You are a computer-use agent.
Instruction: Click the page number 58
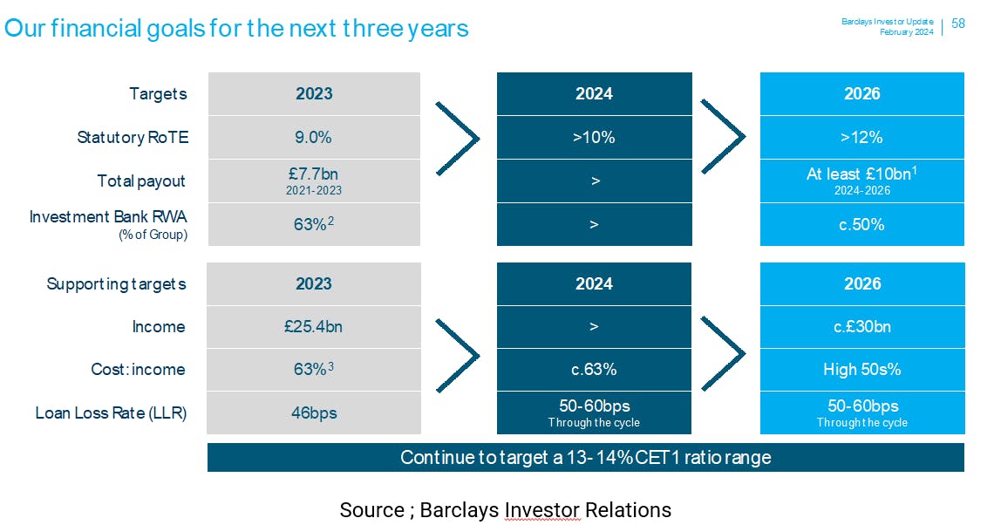958,24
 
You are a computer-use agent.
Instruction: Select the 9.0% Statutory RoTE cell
314,137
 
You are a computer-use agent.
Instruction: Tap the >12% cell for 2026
862,137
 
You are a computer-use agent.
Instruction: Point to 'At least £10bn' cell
862,181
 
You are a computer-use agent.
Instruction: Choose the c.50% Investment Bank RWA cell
862,224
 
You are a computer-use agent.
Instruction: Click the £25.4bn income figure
314,326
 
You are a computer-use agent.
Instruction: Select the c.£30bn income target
862,326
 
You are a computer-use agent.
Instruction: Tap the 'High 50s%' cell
862,369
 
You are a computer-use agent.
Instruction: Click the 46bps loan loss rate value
314,412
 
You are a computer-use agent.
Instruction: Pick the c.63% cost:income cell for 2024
594,369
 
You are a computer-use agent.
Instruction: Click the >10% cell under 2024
594,137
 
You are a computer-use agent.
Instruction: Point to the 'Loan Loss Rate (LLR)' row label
111,412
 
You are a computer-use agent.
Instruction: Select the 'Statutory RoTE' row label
133,137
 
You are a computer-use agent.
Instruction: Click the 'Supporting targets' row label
116,284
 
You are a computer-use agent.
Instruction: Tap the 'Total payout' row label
140,181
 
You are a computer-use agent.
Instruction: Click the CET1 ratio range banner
586,457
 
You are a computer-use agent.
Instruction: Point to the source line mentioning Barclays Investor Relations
505,510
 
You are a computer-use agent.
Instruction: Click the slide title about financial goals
236,29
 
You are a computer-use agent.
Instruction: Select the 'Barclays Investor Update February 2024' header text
888,27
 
